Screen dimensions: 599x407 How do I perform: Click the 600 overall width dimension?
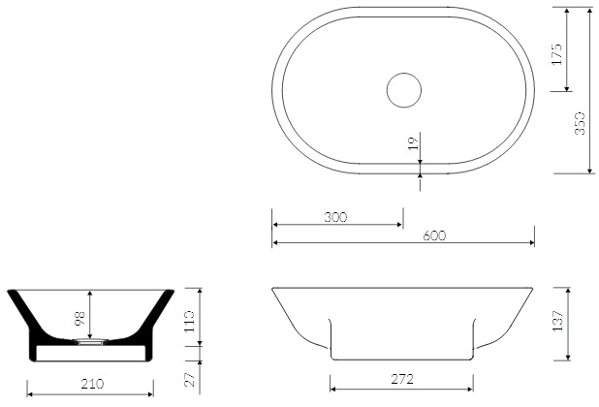(434, 235)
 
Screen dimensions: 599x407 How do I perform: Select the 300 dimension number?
(335, 217)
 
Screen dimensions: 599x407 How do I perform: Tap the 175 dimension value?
(557, 54)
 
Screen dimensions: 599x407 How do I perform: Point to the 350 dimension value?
(580, 123)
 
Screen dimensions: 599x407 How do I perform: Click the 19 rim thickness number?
(413, 143)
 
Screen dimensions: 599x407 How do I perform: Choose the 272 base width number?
(402, 379)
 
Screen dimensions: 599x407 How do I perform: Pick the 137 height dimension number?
(557, 321)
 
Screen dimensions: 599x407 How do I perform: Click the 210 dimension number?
(92, 384)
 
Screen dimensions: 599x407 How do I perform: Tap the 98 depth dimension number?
(80, 319)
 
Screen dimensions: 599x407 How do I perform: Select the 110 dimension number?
(189, 321)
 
